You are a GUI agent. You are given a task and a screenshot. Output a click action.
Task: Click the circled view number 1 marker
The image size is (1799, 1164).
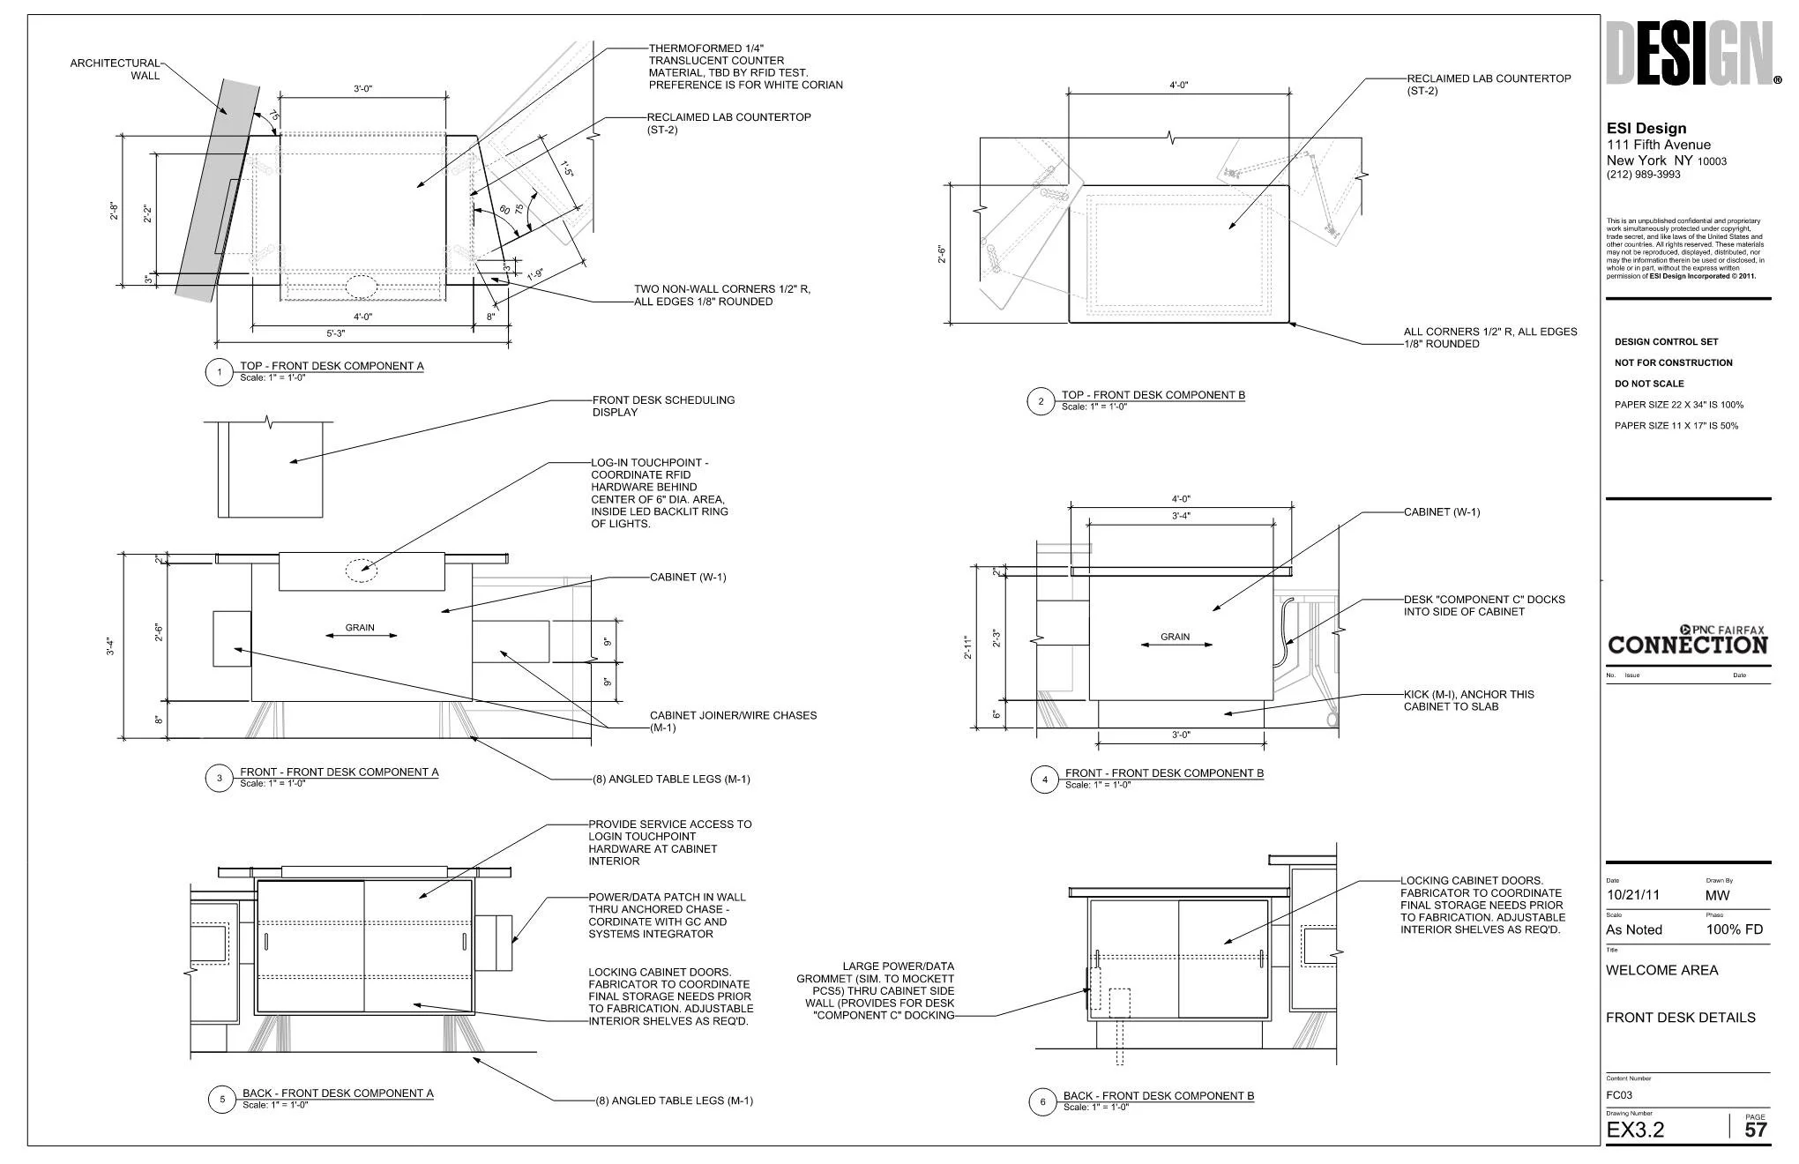(x=219, y=372)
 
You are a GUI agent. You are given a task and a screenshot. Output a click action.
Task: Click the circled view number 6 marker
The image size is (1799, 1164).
(x=1042, y=1101)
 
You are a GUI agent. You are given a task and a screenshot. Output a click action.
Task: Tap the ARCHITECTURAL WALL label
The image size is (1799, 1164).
(x=116, y=69)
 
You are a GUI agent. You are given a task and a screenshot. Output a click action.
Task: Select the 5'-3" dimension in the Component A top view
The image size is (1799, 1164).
(x=336, y=333)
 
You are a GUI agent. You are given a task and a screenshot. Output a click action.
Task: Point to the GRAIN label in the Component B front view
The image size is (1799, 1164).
(x=1175, y=637)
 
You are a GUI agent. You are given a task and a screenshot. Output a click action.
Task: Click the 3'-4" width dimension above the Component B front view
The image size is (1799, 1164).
(x=1181, y=516)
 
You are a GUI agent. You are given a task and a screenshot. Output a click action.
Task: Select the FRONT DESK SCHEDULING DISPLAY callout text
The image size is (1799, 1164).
(x=663, y=406)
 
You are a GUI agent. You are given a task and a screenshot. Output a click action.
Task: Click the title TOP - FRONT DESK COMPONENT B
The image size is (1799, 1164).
(x=1153, y=395)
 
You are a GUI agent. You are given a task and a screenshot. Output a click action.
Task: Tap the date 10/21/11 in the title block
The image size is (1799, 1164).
(x=1632, y=895)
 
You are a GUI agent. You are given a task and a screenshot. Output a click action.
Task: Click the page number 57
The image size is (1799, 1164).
(x=1755, y=1130)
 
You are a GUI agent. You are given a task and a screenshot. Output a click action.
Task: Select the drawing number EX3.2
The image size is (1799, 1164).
(x=1635, y=1130)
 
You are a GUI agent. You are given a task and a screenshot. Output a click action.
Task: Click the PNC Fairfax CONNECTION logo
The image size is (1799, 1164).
(x=1687, y=640)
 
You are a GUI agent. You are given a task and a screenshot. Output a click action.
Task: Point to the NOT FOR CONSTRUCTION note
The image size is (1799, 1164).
(x=1673, y=362)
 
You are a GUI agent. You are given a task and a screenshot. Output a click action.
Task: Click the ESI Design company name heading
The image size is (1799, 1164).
(x=1646, y=129)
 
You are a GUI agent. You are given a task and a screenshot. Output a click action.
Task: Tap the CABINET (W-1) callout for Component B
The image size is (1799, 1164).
(x=1442, y=512)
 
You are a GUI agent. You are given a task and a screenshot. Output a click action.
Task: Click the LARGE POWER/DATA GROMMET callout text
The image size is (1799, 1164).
(x=875, y=990)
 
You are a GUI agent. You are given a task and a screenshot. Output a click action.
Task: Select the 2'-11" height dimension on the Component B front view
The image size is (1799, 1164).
(x=967, y=648)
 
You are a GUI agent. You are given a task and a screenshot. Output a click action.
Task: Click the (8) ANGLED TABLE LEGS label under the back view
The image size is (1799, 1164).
(x=674, y=1101)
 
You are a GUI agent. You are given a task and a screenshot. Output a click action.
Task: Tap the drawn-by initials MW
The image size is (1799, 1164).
(x=1717, y=895)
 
